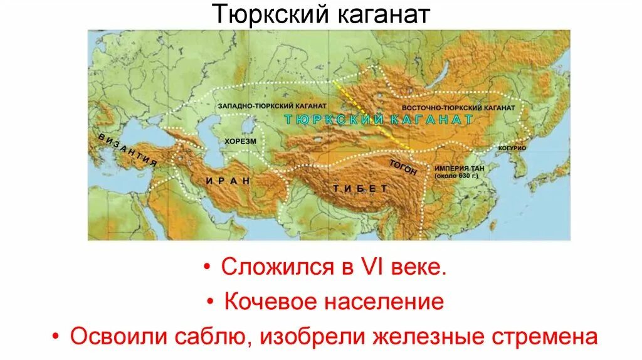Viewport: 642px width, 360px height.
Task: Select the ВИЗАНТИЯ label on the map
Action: click(x=124, y=149)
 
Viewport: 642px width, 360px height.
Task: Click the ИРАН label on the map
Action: click(x=228, y=181)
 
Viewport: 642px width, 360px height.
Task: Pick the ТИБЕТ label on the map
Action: click(x=352, y=188)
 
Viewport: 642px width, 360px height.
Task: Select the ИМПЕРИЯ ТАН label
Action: click(x=456, y=168)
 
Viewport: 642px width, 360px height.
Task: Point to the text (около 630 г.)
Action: click(x=456, y=176)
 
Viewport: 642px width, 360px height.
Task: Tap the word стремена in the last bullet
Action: click(x=544, y=337)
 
